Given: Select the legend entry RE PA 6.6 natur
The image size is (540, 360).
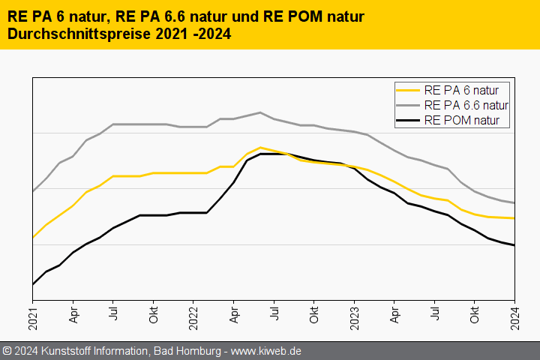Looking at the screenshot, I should [466, 105].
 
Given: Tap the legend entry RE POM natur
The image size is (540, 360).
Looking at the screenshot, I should [466, 119].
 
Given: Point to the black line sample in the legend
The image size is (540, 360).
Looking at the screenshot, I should [408, 119].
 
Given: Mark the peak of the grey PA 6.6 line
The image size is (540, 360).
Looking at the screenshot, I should [260, 112].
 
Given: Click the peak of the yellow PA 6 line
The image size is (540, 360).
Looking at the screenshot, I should [260, 148].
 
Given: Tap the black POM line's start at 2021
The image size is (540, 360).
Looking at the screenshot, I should [33, 284].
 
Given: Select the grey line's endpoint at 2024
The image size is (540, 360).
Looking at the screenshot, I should [514, 203].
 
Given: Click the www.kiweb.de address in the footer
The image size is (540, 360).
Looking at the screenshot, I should [265, 351].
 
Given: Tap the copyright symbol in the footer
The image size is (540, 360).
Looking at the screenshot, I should [7, 351].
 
